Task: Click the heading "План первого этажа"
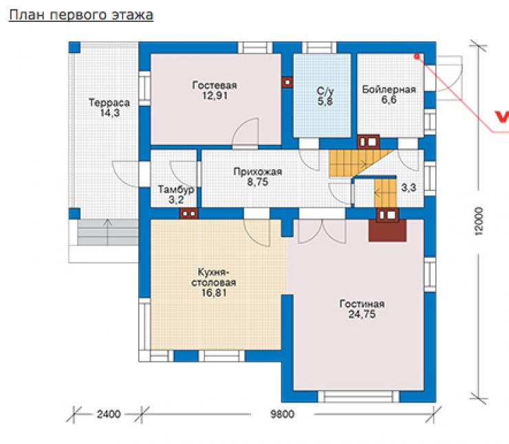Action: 81,16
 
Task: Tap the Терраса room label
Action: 109,103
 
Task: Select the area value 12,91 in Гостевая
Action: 214,96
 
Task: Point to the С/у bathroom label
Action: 325,91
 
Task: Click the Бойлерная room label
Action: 389,89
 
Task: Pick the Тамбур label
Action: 176,190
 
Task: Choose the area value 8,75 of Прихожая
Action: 258,182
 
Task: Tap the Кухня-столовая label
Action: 214,277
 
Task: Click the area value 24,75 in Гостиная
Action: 362,314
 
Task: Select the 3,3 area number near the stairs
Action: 409,188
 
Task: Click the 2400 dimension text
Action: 109,414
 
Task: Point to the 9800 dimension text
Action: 283,414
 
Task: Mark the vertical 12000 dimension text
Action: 479,221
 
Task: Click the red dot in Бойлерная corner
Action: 417,57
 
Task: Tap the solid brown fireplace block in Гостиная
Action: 387,231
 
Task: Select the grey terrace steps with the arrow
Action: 107,232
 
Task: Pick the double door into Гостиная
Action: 322,231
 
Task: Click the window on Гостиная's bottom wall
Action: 358,397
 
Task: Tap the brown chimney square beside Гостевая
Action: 287,82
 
